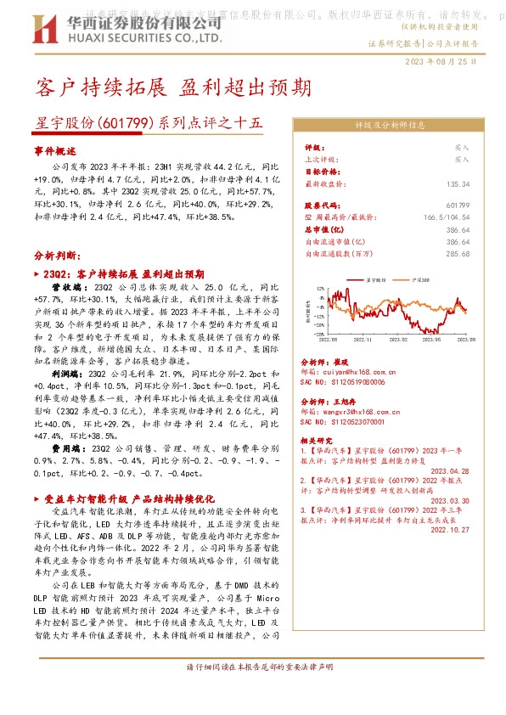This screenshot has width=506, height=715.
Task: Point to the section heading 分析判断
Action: point(57,255)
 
